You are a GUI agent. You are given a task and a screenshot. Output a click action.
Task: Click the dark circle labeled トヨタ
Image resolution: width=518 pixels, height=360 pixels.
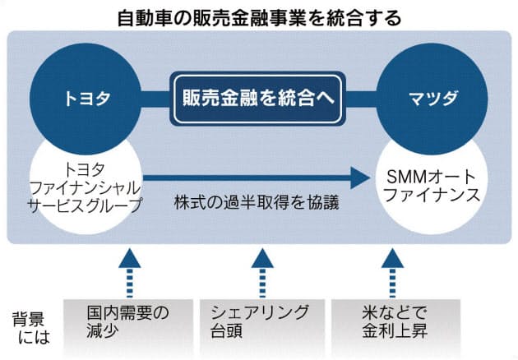pos(86,98)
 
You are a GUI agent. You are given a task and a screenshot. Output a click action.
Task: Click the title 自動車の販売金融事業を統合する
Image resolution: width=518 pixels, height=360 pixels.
pos(260,16)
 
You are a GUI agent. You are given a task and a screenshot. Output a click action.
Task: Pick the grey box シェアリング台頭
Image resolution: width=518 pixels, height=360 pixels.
pos(261,322)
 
